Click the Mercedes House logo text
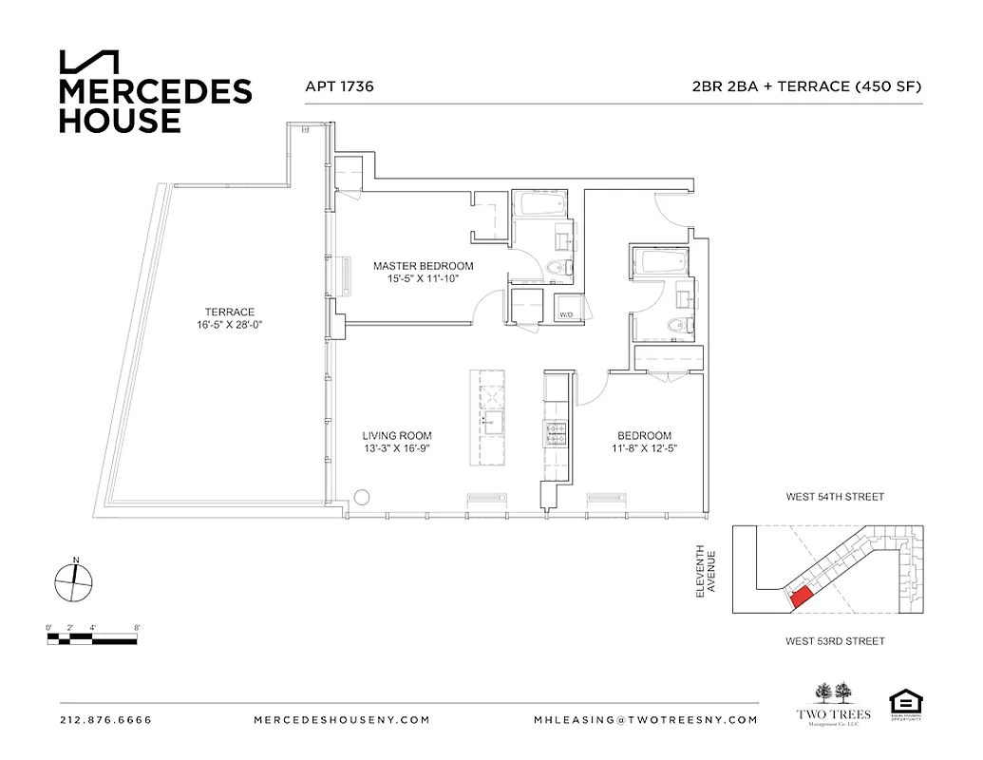(x=155, y=105)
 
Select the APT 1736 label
(x=339, y=86)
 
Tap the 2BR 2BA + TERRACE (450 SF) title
(x=807, y=86)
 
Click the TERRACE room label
(x=229, y=312)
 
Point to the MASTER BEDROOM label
(x=423, y=266)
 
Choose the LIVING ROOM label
(x=396, y=436)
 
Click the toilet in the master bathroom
(x=560, y=269)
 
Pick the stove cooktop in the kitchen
(x=555, y=434)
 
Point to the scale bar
(x=93, y=638)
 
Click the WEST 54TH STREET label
(x=834, y=497)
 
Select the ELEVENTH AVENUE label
(x=704, y=571)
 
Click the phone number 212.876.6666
(x=105, y=720)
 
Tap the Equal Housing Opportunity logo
(x=906, y=704)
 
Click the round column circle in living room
(x=362, y=497)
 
